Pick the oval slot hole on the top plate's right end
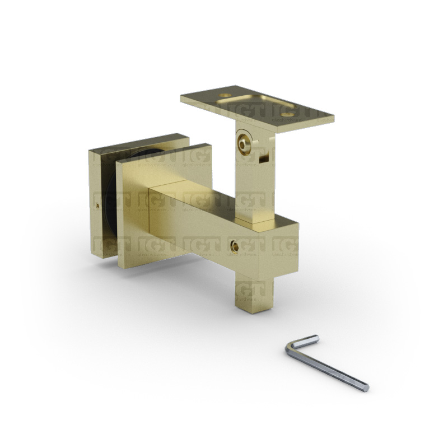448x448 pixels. point(288,114)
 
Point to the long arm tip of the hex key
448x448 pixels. point(365,386)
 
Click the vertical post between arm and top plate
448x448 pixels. point(252,185)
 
